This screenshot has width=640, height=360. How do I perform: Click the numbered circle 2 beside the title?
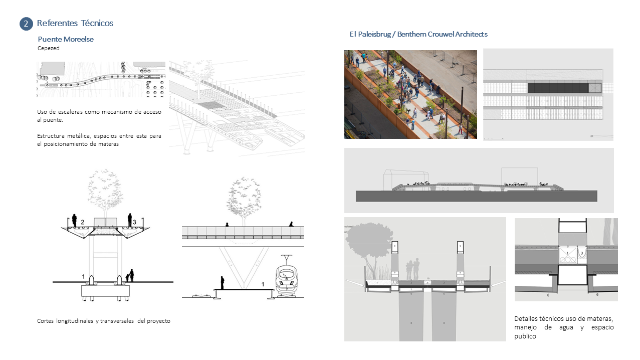[x=26, y=24]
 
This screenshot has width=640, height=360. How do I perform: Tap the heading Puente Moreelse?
[x=66, y=39]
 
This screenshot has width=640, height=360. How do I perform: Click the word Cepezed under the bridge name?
[x=49, y=48]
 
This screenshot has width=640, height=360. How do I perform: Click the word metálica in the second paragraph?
[x=78, y=136]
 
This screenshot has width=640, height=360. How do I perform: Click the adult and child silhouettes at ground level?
[x=130, y=275]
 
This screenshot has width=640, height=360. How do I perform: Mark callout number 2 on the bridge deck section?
[x=83, y=222]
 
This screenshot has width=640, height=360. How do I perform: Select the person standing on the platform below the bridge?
[x=222, y=282]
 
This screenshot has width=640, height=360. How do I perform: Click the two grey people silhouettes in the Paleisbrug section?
[x=413, y=269]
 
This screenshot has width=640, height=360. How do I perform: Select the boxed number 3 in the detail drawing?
[x=582, y=254]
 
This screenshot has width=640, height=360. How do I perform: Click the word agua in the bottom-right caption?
[x=566, y=327]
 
